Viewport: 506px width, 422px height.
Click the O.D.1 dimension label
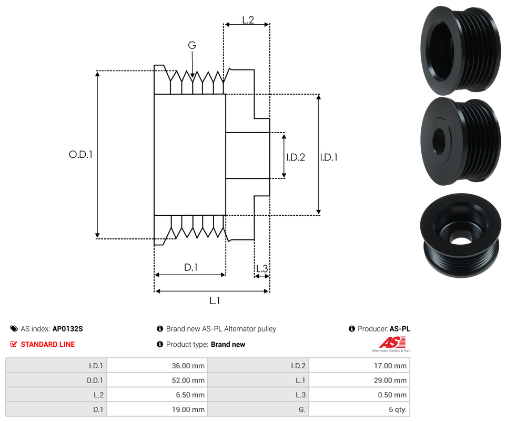click(x=81, y=155)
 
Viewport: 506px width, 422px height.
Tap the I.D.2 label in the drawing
click(x=296, y=157)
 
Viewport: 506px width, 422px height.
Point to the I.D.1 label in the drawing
click(x=329, y=157)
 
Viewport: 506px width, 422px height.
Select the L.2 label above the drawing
click(x=248, y=21)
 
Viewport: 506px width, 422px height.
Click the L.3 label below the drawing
click(x=262, y=269)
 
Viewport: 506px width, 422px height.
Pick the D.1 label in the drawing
click(x=190, y=267)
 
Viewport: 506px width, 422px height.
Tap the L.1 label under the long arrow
click(x=215, y=300)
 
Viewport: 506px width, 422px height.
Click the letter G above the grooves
click(x=192, y=46)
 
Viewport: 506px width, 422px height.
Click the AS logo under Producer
click(x=391, y=344)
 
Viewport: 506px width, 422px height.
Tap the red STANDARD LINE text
click(x=48, y=344)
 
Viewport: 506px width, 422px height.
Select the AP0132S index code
click(x=67, y=329)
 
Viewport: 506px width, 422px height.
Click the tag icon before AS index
click(x=14, y=329)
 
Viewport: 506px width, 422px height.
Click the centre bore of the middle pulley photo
click(x=439, y=141)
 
